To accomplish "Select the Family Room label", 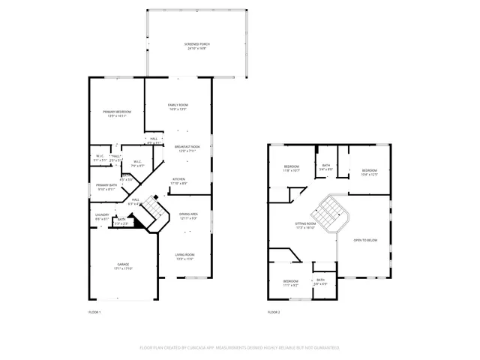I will tap(177, 106).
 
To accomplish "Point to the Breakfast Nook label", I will tap(187, 148).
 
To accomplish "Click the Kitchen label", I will tap(179, 181).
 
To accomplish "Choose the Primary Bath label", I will tap(106, 187).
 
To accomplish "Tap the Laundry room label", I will tap(102, 217).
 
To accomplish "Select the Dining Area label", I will tap(188, 216).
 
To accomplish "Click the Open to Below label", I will tap(365, 241).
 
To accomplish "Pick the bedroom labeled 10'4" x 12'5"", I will tap(369, 172).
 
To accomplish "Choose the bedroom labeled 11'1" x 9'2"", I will tap(291, 283).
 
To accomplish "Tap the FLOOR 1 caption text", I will tap(94, 311).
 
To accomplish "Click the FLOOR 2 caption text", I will tap(274, 311).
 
